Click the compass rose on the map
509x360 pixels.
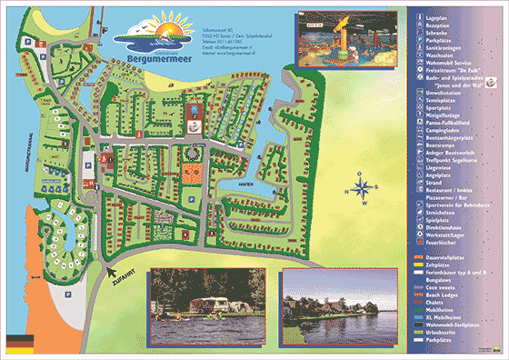pyautogui.click(x=361, y=190)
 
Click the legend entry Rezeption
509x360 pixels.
pyautogui.click(x=435, y=27)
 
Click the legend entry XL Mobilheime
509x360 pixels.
pyautogui.click(x=442, y=316)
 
